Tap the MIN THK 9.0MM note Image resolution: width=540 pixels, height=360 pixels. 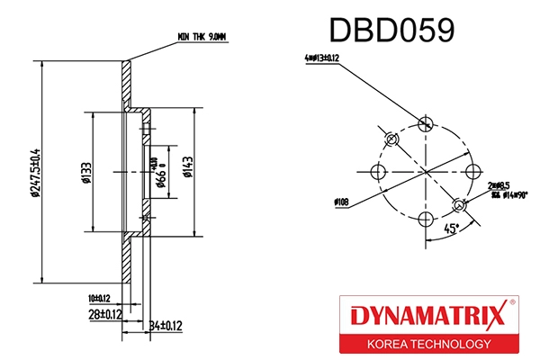[202, 38]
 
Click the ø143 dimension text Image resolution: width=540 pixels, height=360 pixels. [188, 168]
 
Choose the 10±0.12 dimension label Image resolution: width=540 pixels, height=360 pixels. [99, 297]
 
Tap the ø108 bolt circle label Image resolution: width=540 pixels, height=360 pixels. [340, 202]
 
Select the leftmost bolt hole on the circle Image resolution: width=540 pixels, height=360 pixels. [376, 171]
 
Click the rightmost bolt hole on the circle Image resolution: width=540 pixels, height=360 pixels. [473, 171]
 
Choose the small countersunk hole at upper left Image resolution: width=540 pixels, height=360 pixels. [391, 139]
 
